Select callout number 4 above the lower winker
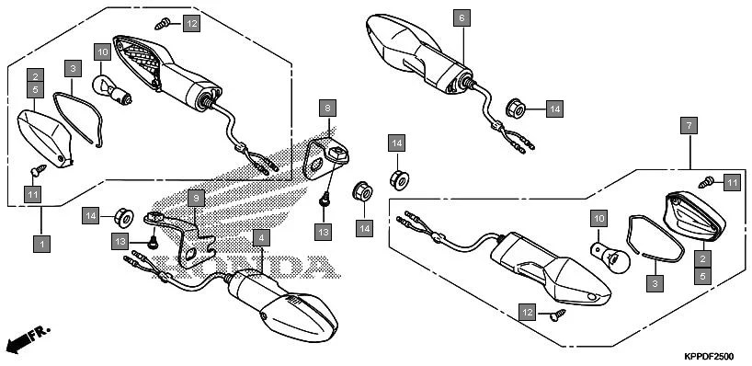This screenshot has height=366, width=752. click(262, 238)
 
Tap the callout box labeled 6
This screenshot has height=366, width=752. click(461, 17)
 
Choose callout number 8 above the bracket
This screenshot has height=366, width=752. click(325, 109)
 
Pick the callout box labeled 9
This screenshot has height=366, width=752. click(195, 198)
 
